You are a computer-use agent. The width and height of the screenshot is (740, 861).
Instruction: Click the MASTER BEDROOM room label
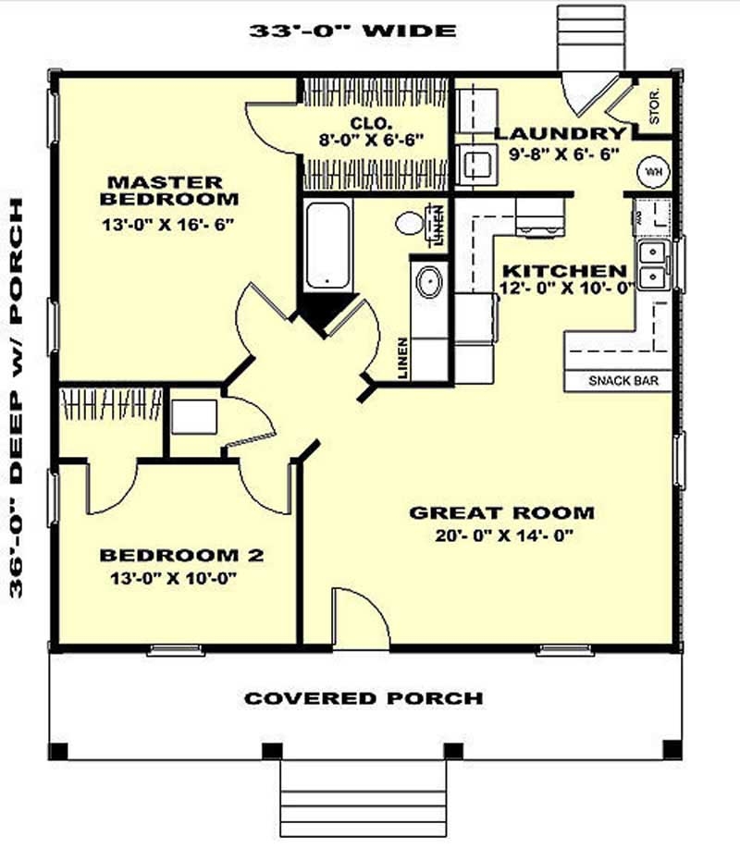tap(170, 190)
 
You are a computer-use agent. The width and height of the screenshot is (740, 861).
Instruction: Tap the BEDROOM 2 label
tap(181, 555)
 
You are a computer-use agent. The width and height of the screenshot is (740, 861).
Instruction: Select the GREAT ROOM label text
tap(501, 512)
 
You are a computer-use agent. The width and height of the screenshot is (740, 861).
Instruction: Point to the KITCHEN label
tap(563, 271)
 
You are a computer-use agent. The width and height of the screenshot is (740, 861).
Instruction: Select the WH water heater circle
tap(653, 172)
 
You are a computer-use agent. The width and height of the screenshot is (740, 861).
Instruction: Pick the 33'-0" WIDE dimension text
tap(352, 31)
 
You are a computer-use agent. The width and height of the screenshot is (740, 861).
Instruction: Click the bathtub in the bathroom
tap(327, 245)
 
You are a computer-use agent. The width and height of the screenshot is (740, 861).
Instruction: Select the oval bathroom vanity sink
tap(428, 282)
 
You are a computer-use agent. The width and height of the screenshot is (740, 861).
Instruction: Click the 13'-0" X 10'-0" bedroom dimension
tap(181, 578)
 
